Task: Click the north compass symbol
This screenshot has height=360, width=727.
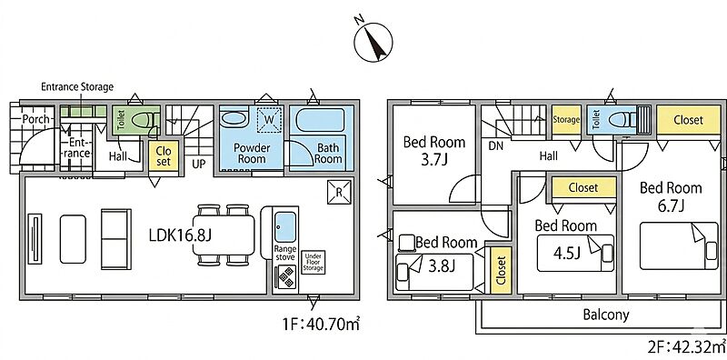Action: pyautogui.click(x=373, y=42)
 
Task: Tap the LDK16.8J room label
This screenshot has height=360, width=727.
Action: pyautogui.click(x=180, y=235)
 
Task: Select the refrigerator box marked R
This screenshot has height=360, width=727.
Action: pyautogui.click(x=339, y=193)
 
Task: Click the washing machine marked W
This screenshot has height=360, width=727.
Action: pyautogui.click(x=269, y=120)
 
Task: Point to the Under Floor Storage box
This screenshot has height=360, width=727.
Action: pyautogui.click(x=313, y=262)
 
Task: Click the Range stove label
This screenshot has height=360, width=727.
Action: pyautogui.click(x=284, y=253)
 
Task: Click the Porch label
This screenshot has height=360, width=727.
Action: pyautogui.click(x=36, y=119)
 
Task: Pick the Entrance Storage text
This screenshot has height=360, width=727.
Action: pyautogui.click(x=77, y=86)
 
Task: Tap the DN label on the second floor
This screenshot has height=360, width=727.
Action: pyautogui.click(x=495, y=145)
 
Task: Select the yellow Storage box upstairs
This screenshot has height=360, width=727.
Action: pyautogui.click(x=566, y=120)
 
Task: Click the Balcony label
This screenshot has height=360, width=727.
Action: pyautogui.click(x=606, y=315)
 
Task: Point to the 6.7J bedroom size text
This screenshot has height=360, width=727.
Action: pyautogui.click(x=671, y=205)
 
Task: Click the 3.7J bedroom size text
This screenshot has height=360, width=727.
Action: pyautogui.click(x=434, y=161)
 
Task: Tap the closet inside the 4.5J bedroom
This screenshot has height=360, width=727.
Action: pyautogui.click(x=583, y=188)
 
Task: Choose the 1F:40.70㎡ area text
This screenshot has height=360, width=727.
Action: pyautogui.click(x=322, y=325)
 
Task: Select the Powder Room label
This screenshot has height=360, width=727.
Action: pyautogui.click(x=252, y=153)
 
